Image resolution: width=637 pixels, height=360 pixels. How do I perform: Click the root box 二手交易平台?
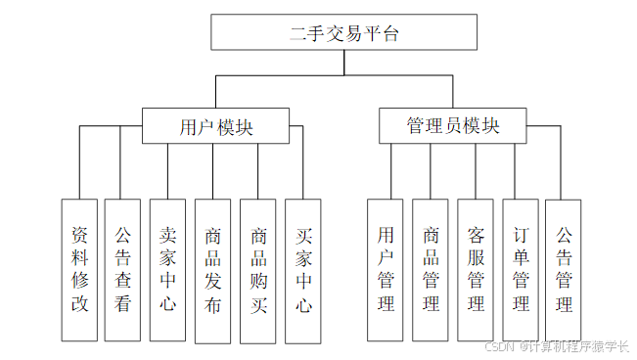pos(344,33)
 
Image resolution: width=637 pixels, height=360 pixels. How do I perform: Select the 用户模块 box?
pos(215,125)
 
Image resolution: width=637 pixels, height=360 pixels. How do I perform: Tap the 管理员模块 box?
pos(452,125)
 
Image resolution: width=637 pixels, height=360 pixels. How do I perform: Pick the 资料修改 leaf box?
pos(79,269)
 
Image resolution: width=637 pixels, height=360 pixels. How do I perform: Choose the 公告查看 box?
pos(122,269)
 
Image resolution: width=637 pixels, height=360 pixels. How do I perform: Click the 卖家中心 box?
pos(167,269)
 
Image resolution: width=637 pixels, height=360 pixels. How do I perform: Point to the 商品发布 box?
pos(212,269)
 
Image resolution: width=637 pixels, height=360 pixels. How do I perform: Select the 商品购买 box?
pos(258,269)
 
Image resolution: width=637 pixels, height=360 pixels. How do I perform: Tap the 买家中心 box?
pos(303,269)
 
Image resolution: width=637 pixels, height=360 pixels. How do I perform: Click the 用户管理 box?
pos(386,269)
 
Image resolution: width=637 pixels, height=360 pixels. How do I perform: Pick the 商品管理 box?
pos(431,269)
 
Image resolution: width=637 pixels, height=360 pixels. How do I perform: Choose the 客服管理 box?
pos(476,269)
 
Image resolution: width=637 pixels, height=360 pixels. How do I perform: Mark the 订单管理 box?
pos(521,269)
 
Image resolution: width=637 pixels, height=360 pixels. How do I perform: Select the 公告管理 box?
pos(564,269)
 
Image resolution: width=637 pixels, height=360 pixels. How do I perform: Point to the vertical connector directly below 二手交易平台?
pos(344,62)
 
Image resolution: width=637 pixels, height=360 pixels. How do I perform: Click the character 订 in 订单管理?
pos(521,236)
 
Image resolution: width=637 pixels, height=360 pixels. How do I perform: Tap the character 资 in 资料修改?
pos(79,236)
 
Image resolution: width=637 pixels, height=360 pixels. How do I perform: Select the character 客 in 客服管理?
pos(476,236)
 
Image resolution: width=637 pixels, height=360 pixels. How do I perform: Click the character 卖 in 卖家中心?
pos(167,236)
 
